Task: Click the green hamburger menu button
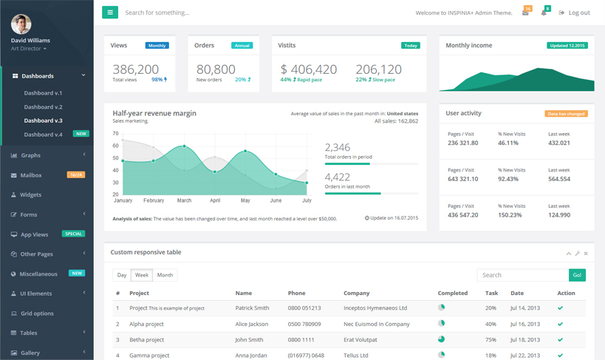coord(110,13)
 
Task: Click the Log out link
coord(575,13)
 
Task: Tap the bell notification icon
coord(544,13)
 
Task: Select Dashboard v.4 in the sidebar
coord(43,135)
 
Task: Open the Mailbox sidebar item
coord(31,175)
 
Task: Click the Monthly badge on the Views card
coord(157,45)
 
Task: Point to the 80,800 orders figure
coord(216,69)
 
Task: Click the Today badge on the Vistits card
coord(410,45)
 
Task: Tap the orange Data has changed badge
coord(566,114)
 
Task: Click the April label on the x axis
coord(215,200)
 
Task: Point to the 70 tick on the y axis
coord(116,134)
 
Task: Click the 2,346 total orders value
coord(338,147)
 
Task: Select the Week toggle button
coord(141,275)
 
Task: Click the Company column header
coord(357,293)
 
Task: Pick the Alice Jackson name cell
coord(251,324)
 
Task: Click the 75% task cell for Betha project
coord(491,340)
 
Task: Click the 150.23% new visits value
coord(510,215)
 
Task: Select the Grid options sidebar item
coord(37,313)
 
